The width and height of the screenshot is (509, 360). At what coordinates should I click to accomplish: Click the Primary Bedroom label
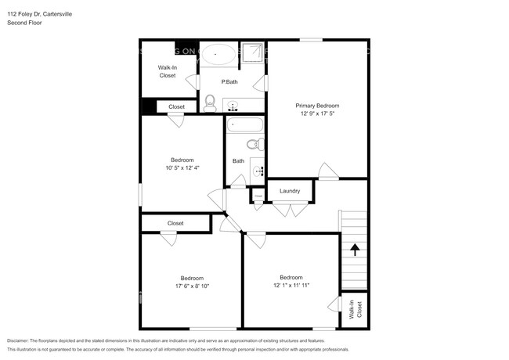click(317, 105)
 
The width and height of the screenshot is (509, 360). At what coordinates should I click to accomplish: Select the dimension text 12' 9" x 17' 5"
click(317, 113)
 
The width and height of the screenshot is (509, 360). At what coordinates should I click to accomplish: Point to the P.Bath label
click(229, 82)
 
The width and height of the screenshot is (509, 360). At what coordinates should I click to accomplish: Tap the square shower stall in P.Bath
click(252, 53)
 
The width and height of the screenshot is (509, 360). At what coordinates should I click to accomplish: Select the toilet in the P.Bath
click(209, 103)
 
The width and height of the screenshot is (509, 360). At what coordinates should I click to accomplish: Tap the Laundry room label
click(290, 190)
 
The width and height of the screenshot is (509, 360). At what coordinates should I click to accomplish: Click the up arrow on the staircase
click(355, 250)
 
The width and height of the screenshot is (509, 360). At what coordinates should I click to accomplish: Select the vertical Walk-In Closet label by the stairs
click(355, 311)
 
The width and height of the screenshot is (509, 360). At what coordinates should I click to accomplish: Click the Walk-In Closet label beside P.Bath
click(168, 72)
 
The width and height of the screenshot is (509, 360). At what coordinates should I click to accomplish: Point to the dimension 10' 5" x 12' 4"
click(182, 167)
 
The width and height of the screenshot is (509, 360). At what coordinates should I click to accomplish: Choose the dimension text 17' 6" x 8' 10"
click(192, 286)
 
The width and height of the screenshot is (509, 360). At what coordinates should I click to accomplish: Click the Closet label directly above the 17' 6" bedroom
click(175, 223)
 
